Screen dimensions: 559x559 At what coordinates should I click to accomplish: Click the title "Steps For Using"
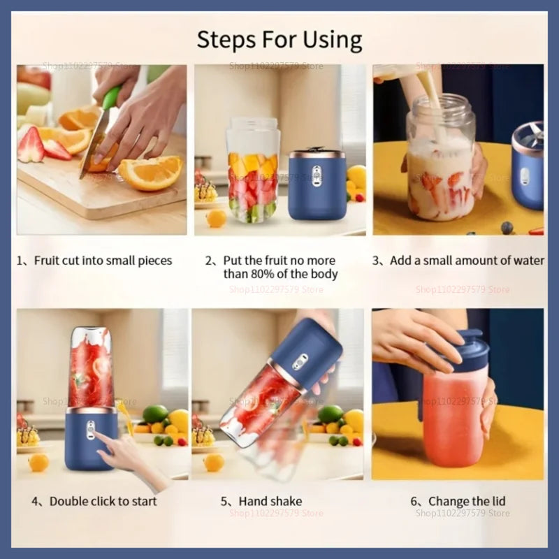279,40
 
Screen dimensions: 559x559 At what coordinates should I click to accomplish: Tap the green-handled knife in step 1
101,129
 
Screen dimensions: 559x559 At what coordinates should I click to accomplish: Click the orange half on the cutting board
150,173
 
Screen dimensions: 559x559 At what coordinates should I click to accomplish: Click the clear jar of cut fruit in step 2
252,171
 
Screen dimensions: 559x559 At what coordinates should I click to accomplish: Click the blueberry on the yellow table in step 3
507,227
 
